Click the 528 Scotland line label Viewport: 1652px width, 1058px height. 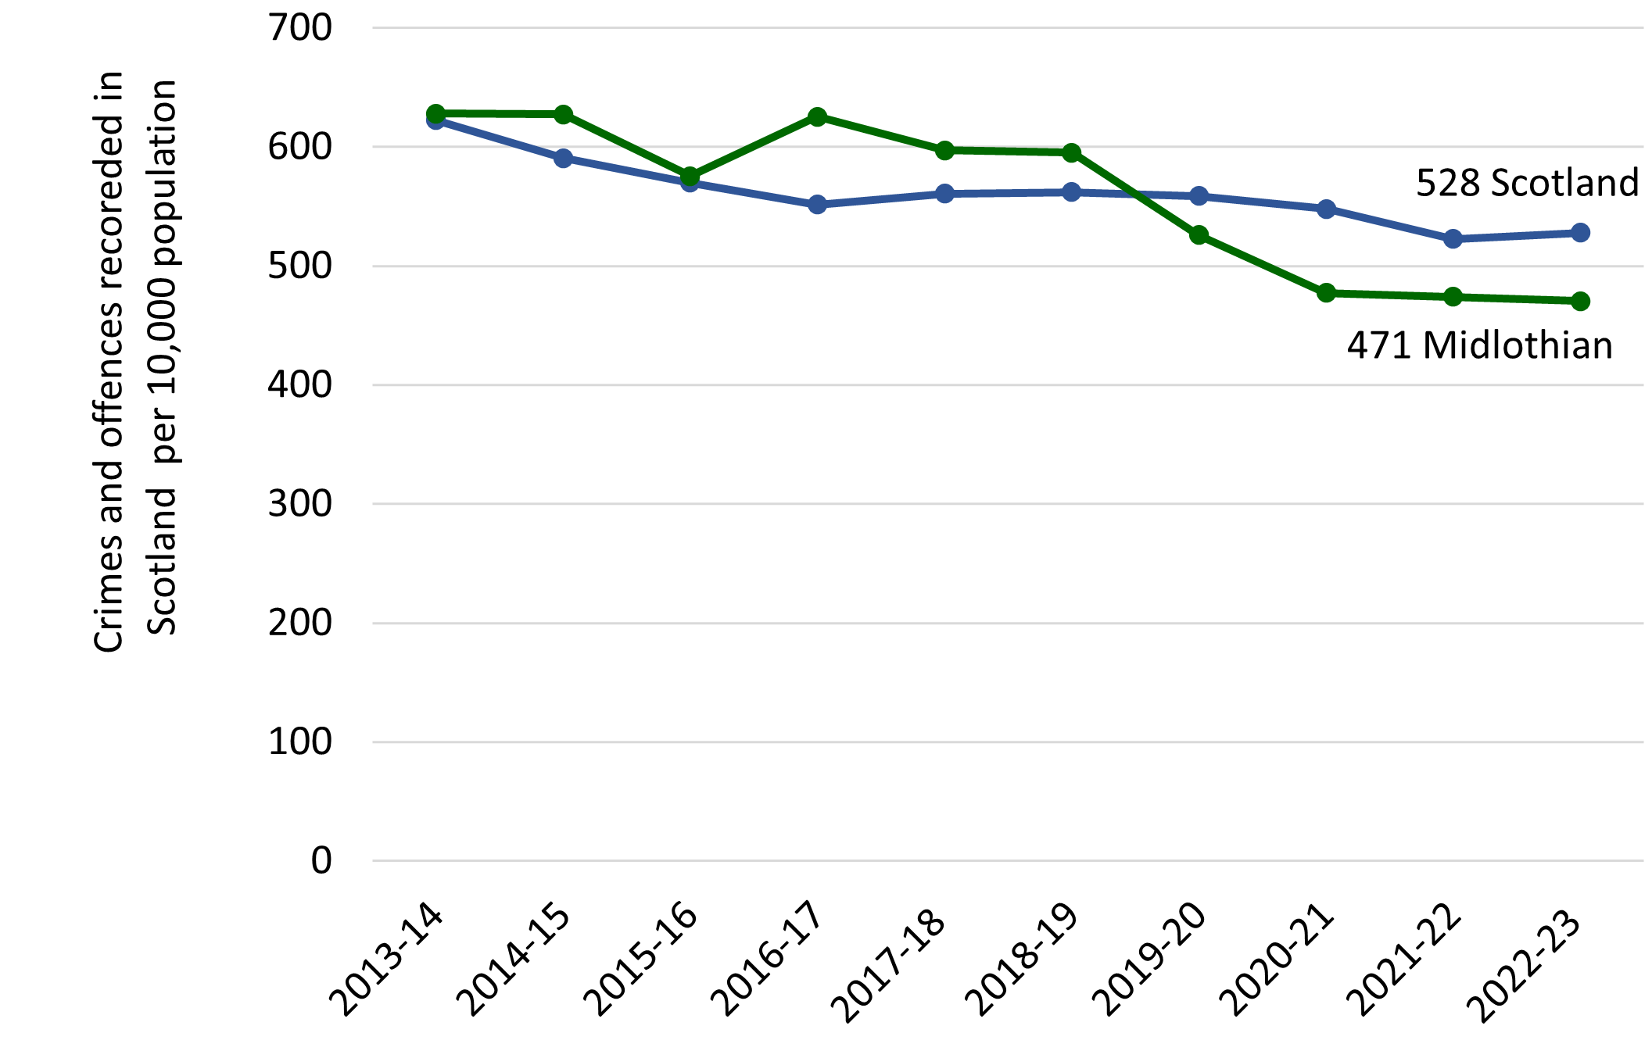(1526, 183)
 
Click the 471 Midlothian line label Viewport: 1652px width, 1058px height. (1479, 345)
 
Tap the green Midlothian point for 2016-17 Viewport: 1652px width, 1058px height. (817, 117)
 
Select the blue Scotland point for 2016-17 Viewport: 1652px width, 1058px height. (817, 205)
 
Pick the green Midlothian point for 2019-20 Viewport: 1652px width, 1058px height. (1199, 235)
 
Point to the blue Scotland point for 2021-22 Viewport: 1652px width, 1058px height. (1453, 239)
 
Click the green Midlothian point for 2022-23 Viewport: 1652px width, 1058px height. (1580, 301)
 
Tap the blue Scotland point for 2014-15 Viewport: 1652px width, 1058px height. (563, 159)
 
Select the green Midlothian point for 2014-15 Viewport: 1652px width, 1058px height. (563, 115)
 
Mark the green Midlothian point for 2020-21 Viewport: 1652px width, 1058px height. (1326, 293)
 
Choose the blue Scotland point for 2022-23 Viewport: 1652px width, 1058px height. (1580, 233)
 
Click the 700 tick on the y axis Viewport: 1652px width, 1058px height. (300, 28)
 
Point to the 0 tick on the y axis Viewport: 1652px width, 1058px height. (321, 861)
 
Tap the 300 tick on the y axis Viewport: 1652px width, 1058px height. (300, 504)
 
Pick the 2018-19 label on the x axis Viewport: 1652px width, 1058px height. (1022, 960)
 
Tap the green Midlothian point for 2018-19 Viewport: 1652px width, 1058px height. (1071, 152)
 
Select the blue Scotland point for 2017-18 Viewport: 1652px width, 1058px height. (944, 193)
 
